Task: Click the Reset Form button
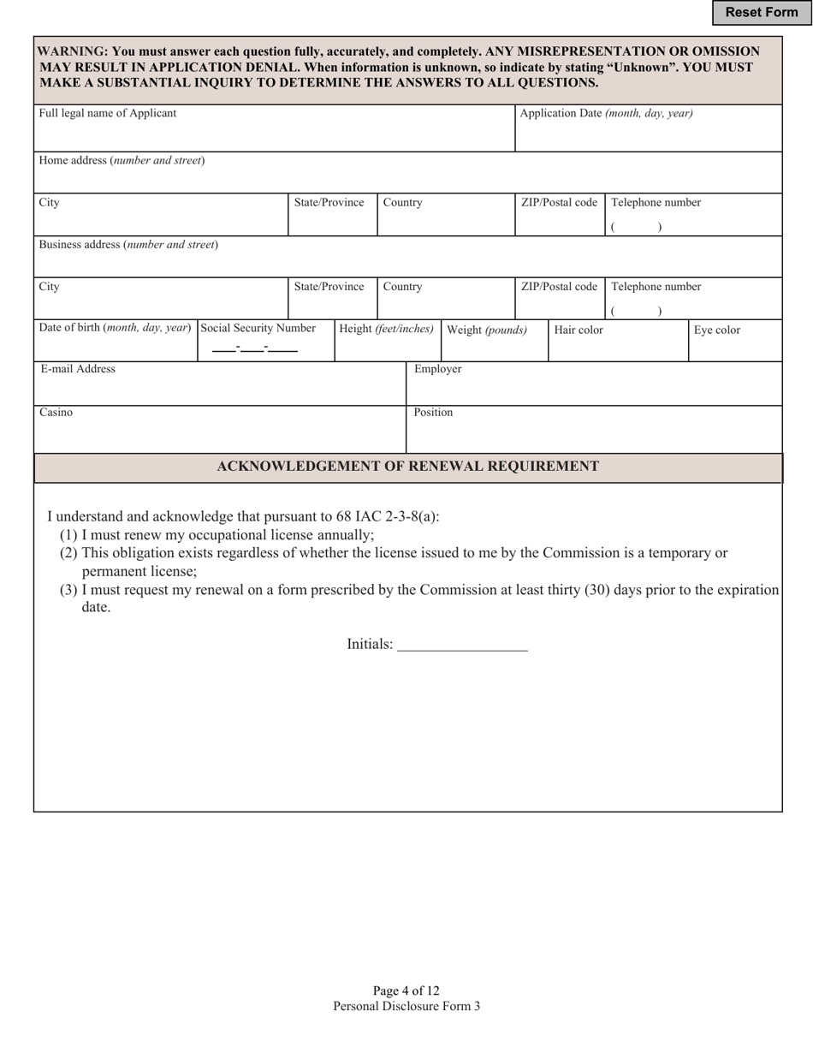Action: (x=761, y=12)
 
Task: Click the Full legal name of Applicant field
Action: (x=274, y=134)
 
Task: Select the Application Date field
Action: (x=648, y=135)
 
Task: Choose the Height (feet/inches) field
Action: (x=387, y=348)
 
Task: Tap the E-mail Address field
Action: (x=219, y=390)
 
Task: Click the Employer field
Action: (x=594, y=390)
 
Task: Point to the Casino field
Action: (x=219, y=435)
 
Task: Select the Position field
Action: (x=594, y=435)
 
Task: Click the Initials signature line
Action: (x=462, y=644)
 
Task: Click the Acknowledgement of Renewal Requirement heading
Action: (x=407, y=467)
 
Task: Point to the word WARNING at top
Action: (x=72, y=51)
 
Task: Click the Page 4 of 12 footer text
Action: (x=406, y=991)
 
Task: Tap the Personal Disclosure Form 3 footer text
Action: (x=406, y=1006)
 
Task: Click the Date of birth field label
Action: (x=115, y=328)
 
